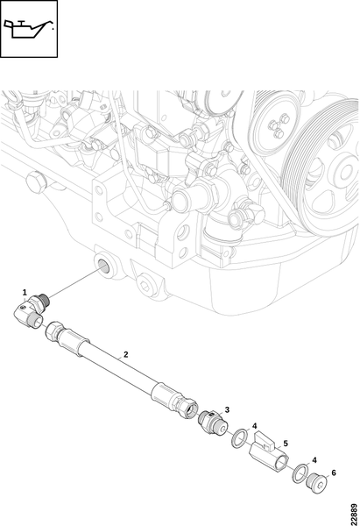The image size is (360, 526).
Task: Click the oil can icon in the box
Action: [29, 29]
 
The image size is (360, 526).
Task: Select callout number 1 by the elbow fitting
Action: [25, 293]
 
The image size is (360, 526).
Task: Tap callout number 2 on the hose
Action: [126, 354]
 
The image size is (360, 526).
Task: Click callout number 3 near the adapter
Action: [227, 409]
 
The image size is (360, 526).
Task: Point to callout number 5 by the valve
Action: [286, 444]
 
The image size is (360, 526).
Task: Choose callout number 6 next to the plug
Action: [334, 473]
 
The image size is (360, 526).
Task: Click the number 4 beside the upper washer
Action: [254, 426]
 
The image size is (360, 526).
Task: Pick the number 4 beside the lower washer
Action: [314, 460]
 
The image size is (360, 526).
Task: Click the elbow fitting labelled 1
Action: [32, 310]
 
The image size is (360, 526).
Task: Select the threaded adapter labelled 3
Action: [213, 423]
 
